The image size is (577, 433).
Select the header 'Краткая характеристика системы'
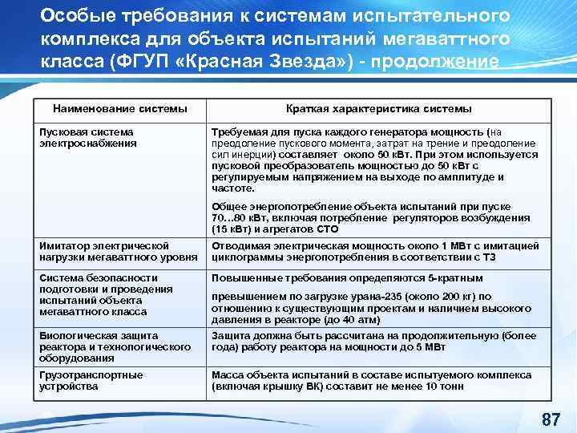[379, 108]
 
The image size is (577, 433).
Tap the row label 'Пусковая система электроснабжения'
[86, 137]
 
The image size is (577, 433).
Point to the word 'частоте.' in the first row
[232, 188]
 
